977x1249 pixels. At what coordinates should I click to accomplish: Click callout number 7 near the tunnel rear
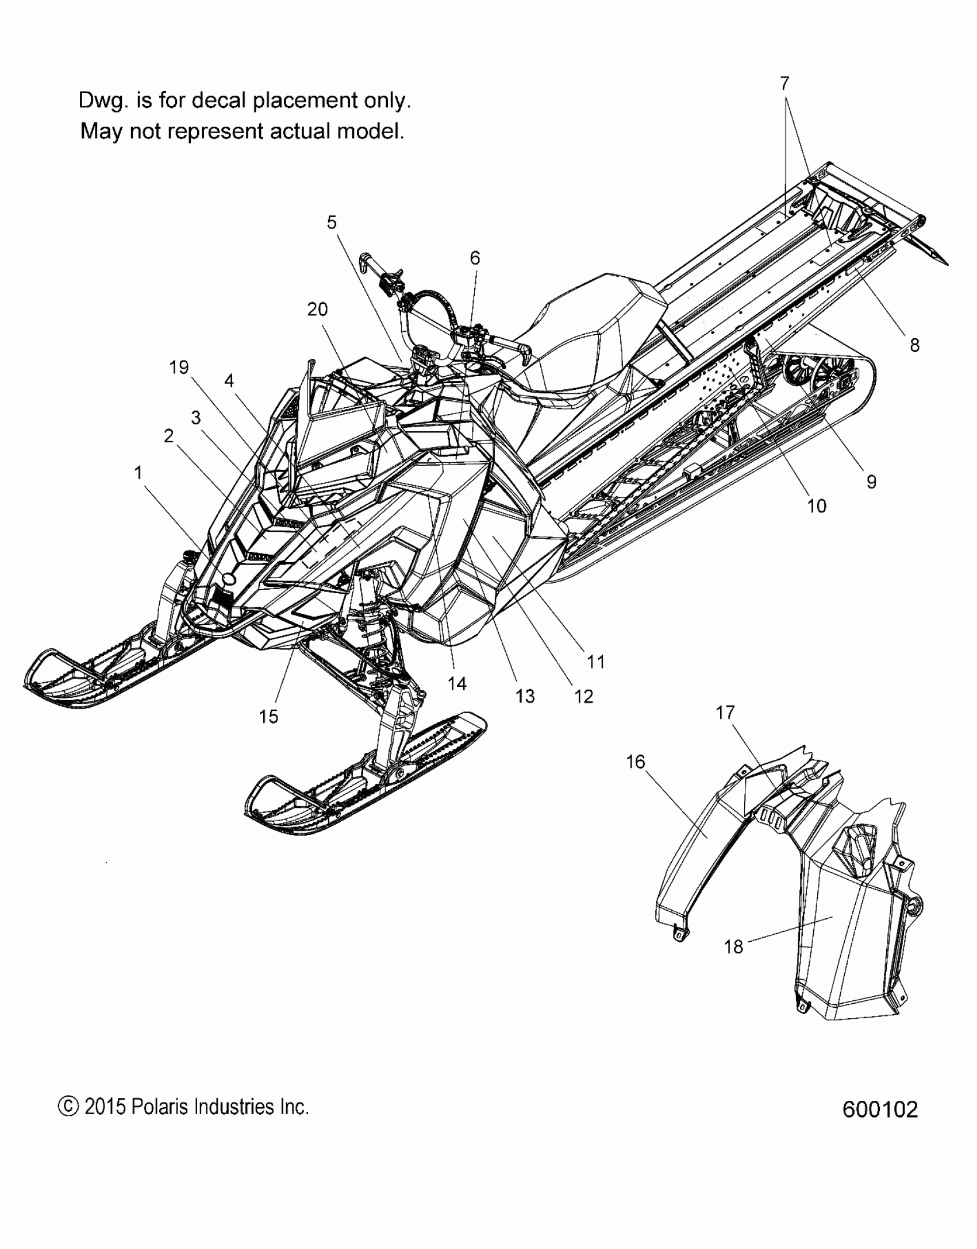point(785,84)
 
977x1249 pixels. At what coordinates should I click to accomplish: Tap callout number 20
point(317,310)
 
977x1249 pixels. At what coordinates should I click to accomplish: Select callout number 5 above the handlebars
point(332,223)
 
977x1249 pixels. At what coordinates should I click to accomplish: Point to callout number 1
point(138,473)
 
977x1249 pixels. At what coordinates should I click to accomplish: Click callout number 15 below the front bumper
point(268,717)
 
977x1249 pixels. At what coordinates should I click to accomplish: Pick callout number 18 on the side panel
point(733,946)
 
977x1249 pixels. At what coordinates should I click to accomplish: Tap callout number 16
point(636,762)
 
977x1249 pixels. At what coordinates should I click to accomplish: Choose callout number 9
point(871,482)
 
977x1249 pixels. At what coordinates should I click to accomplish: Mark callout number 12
point(583,697)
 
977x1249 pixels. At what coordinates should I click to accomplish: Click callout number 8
point(914,345)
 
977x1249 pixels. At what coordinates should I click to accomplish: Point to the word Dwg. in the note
point(99,100)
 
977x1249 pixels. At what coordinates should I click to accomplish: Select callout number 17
point(725,713)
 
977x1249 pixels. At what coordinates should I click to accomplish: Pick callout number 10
point(817,506)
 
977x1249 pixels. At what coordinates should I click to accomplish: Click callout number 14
point(457,684)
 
